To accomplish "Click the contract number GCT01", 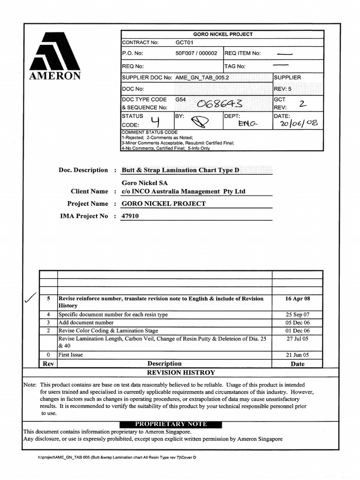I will pos(184,43).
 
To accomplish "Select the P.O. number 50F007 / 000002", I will pos(196,53).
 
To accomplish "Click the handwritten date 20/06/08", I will pos(299,123).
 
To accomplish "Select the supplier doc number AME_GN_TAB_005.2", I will pos(202,77).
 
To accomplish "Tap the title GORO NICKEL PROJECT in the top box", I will pos(223,34).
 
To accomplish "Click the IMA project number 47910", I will pos(130,216).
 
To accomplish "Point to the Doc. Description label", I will pos(83,170).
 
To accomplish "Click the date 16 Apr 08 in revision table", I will pos(297,299).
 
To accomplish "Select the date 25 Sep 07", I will pos(297,315).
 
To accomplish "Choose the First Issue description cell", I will pos(70,355).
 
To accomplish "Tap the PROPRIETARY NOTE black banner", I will pos(171,424).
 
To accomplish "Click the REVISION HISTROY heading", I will pos(181,373).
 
